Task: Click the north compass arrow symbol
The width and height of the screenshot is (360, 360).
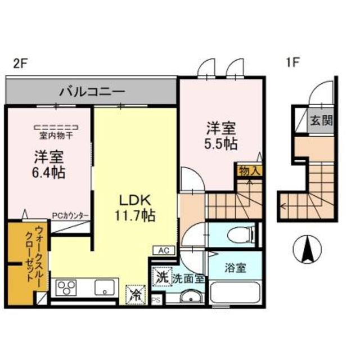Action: pyautogui.click(x=308, y=249)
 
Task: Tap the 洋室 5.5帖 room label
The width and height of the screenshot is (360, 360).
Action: pyautogui.click(x=220, y=136)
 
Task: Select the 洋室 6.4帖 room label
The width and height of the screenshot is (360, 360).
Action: pyautogui.click(x=49, y=164)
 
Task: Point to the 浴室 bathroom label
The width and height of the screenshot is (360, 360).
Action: pyautogui.click(x=235, y=268)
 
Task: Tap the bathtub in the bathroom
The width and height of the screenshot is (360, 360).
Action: pyautogui.click(x=235, y=294)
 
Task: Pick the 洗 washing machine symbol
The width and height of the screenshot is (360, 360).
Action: pyautogui.click(x=161, y=277)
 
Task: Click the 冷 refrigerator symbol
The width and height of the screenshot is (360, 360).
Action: pyautogui.click(x=136, y=294)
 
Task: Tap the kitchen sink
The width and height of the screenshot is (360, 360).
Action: pyautogui.click(x=105, y=289)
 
